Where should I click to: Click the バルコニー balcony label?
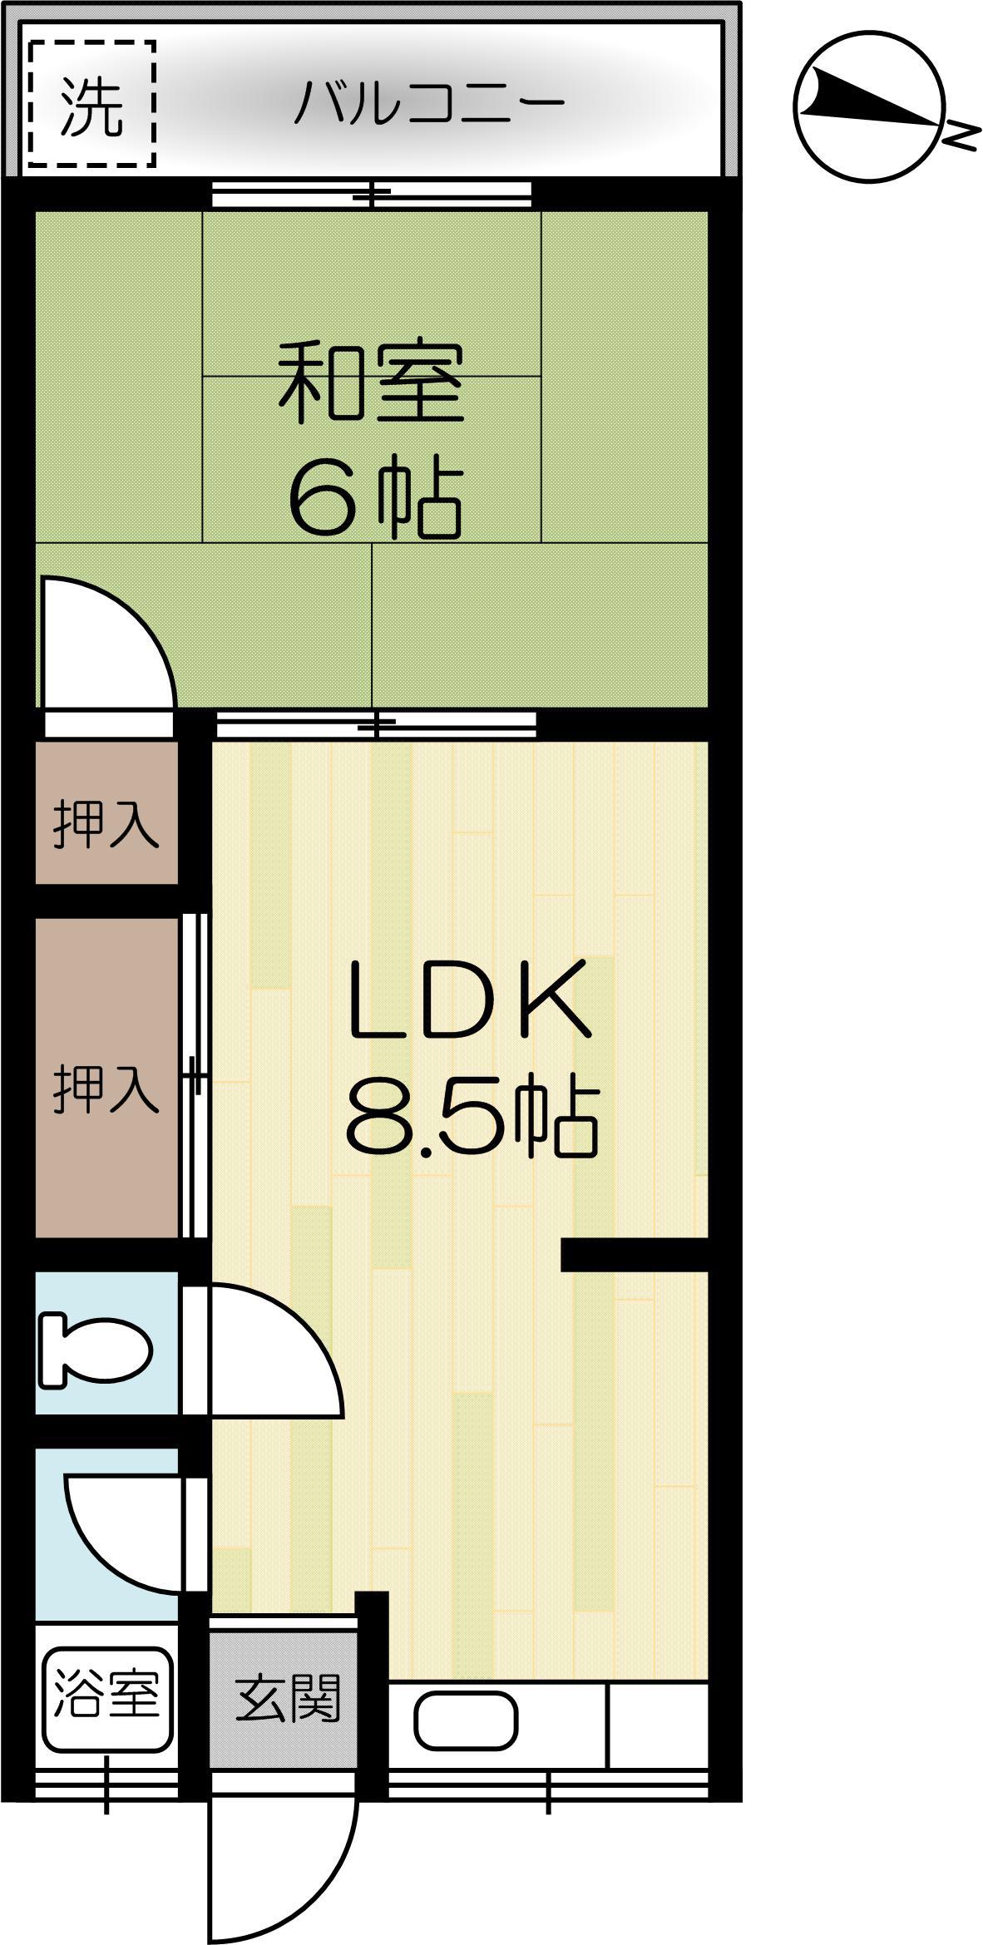[431, 101]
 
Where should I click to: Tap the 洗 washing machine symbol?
[91, 104]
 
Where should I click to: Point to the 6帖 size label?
[375, 501]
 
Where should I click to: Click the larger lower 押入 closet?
[106, 1078]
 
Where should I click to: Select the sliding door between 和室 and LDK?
[376, 725]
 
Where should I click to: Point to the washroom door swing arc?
[125, 1533]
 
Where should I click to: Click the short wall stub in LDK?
[635, 1255]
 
